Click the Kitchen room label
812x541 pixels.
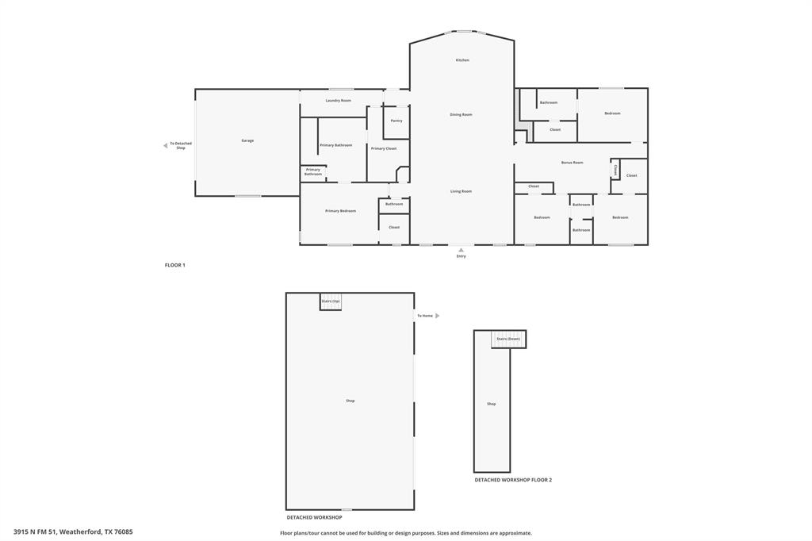pyautogui.click(x=462, y=60)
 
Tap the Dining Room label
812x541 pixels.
pyautogui.click(x=461, y=115)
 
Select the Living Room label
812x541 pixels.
pyautogui.click(x=461, y=191)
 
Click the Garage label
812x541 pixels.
pyautogui.click(x=247, y=140)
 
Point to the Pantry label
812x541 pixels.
pyautogui.click(x=396, y=121)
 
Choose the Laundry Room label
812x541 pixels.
pyautogui.click(x=338, y=101)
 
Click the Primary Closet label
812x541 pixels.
pyautogui.click(x=384, y=148)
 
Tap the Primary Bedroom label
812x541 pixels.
pyautogui.click(x=340, y=211)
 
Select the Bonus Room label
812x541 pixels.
pyautogui.click(x=572, y=163)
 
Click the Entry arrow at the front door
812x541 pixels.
pyautogui.click(x=461, y=250)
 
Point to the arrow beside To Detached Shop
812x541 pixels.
pyautogui.click(x=165, y=145)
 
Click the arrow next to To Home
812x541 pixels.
pyautogui.click(x=437, y=316)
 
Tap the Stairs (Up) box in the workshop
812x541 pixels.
pyautogui.click(x=331, y=301)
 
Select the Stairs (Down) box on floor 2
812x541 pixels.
pyautogui.click(x=508, y=339)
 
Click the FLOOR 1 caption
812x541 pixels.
pyautogui.click(x=174, y=265)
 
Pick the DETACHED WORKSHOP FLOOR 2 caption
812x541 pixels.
pyautogui.click(x=513, y=480)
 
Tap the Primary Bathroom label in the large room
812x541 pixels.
pyautogui.click(x=336, y=145)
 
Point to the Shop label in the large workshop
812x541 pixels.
pyautogui.click(x=350, y=401)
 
